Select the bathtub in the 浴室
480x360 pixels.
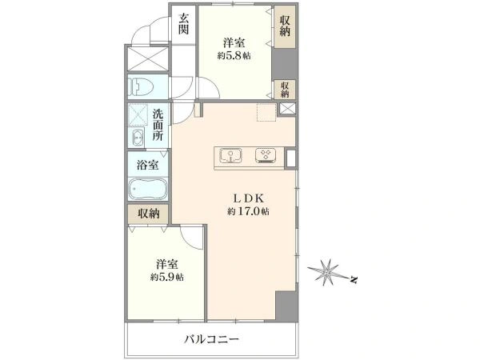147,191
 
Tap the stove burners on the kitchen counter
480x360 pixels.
265,155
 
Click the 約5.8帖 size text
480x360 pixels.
234,56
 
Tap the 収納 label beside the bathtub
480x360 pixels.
148,214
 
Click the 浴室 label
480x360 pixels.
147,165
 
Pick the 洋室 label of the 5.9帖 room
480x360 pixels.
166,263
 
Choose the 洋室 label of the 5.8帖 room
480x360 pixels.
234,42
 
